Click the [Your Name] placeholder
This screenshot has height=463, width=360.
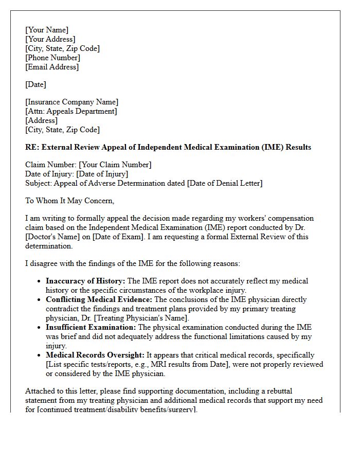(x=47, y=30)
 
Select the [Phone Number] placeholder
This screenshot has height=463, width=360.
(x=52, y=58)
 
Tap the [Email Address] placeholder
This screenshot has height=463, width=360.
(x=52, y=67)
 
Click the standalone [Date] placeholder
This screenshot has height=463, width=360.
(x=35, y=84)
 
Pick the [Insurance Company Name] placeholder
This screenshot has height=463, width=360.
(x=71, y=102)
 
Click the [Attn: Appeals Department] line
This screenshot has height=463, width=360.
(x=71, y=111)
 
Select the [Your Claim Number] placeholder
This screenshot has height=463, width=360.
(x=115, y=165)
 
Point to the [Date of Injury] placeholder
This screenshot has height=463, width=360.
(x=102, y=174)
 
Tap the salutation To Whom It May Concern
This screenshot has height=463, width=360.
(x=69, y=201)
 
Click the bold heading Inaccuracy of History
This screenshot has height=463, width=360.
(x=85, y=281)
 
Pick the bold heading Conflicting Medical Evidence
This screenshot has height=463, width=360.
(x=99, y=299)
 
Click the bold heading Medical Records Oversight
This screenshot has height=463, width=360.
(x=95, y=355)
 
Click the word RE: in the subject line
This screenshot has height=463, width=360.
(x=32, y=147)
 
